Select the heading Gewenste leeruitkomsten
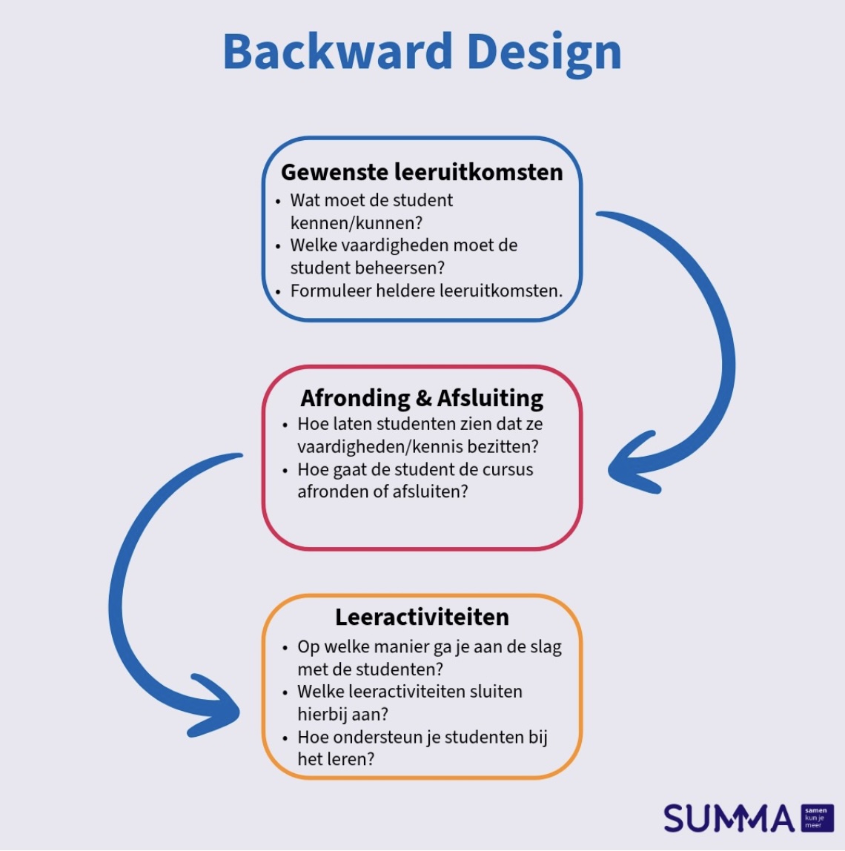tap(422, 172)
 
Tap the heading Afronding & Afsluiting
tap(422, 398)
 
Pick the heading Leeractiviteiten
tap(422, 617)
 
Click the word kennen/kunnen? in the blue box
tap(357, 222)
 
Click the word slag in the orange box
tap(546, 646)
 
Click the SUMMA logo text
tap(729, 818)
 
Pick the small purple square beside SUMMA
tap(817, 818)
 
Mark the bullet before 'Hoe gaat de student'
tap(286, 471)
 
